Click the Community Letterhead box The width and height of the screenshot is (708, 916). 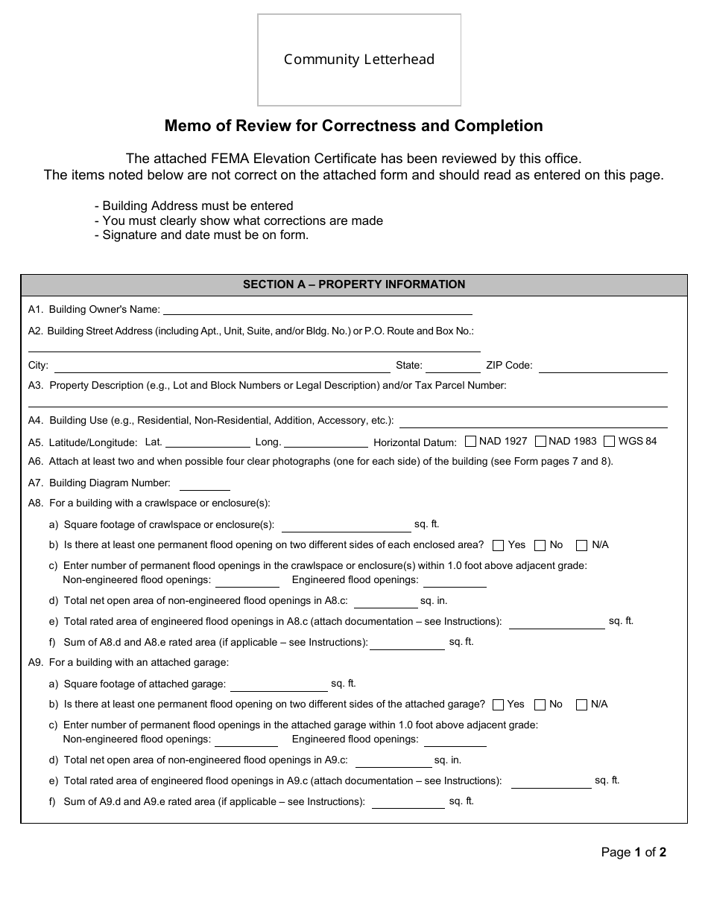tap(359, 60)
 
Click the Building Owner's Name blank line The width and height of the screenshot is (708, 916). tap(317, 311)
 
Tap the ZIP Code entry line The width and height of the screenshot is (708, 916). tap(602, 367)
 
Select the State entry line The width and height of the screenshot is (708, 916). tap(452, 367)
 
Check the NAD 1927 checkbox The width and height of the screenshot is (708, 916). tap(470, 441)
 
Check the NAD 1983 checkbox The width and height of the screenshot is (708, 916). tap(540, 441)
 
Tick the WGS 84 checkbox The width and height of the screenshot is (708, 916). tap(610, 441)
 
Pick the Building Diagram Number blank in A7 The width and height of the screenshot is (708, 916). tap(204, 485)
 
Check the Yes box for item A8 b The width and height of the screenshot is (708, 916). tap(499, 545)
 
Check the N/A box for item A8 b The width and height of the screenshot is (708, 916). tap(582, 545)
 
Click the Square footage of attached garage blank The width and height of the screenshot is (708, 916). tap(279, 685)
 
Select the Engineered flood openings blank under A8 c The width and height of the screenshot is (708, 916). tap(455, 582)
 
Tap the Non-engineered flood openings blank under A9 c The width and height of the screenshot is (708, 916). tap(246, 741)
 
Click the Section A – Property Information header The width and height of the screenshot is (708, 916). tap(354, 284)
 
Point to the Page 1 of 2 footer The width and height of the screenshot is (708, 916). tap(633, 853)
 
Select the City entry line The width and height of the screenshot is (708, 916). tap(221, 367)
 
